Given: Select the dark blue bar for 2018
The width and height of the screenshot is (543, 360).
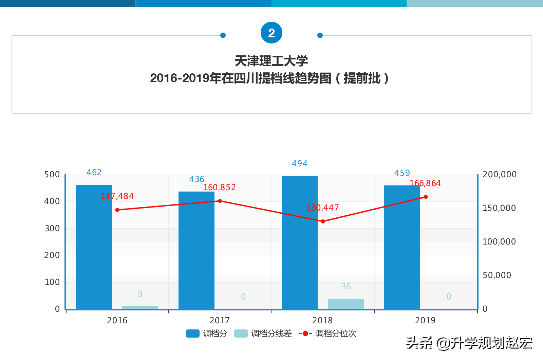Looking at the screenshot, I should [x=300, y=242].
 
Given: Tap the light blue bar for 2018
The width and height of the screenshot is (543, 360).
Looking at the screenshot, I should [x=345, y=304].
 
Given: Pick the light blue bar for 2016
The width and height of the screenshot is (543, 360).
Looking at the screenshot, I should [x=140, y=308].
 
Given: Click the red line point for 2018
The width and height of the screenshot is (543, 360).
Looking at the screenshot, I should [x=323, y=221].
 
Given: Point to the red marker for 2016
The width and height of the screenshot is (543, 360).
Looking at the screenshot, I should [x=117, y=210].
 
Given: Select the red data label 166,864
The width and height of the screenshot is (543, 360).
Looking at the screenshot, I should [x=425, y=183].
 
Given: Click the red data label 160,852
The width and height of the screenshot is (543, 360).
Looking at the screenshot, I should [x=219, y=187].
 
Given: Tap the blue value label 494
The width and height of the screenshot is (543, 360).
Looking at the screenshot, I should [x=299, y=164].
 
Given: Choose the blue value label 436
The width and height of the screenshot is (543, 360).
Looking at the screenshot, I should [x=196, y=179].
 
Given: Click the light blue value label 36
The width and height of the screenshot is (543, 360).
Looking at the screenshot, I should [x=346, y=287].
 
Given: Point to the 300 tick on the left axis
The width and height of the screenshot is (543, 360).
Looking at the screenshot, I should [x=52, y=229].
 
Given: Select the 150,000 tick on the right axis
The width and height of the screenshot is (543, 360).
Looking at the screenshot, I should [x=499, y=208].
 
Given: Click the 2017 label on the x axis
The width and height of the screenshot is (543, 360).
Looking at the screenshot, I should [x=220, y=320].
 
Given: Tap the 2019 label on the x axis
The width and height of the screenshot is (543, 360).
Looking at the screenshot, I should [x=425, y=320].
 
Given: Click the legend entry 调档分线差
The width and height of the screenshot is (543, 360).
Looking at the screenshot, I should [x=263, y=334].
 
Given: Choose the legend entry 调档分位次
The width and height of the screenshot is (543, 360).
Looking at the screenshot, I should [x=327, y=334].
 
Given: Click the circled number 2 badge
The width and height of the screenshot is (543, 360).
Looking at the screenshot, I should [x=271, y=33].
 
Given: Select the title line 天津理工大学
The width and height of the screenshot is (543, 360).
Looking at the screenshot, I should [x=271, y=61].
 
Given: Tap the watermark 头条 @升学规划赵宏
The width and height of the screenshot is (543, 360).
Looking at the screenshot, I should [x=469, y=343].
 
